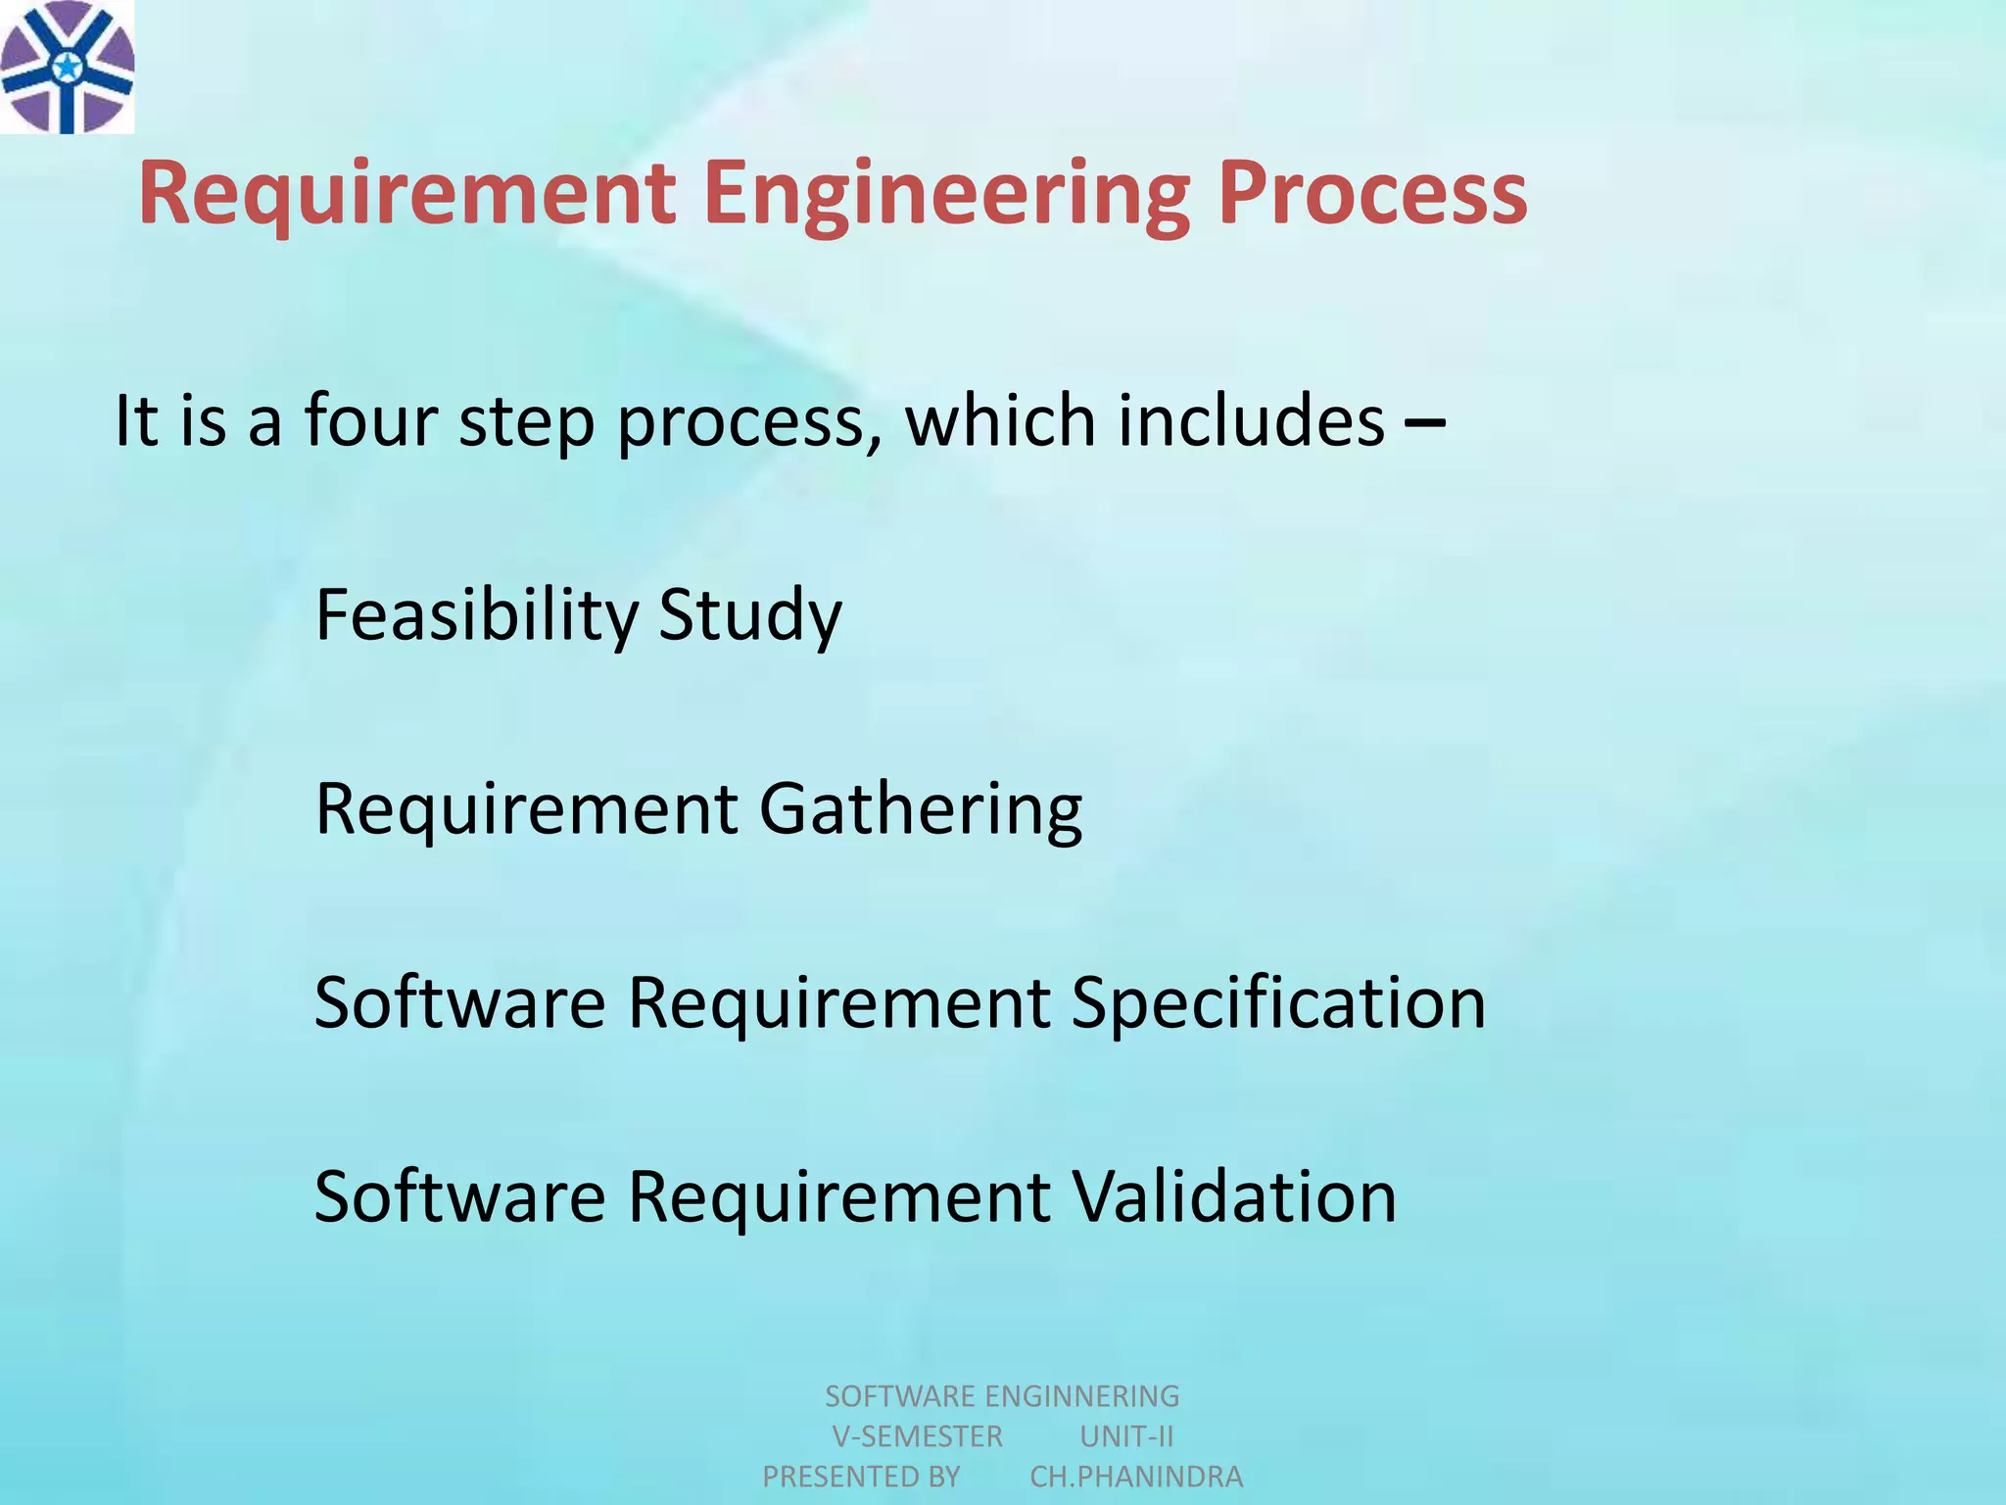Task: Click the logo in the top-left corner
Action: click(x=67, y=67)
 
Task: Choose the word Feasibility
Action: click(x=476, y=615)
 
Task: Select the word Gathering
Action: click(x=921, y=811)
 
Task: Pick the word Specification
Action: click(x=1278, y=1004)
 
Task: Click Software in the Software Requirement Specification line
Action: click(x=460, y=1003)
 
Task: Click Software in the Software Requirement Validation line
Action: click(x=460, y=1197)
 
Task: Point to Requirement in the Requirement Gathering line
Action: click(x=526, y=811)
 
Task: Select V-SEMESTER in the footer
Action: click(x=917, y=1436)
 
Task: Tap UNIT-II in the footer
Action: click(x=1126, y=1436)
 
